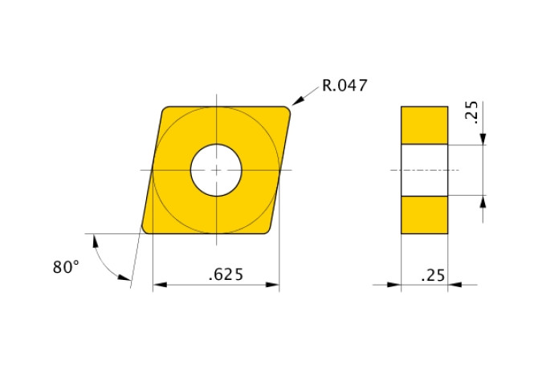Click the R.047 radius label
click(x=344, y=85)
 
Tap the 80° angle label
click(x=67, y=267)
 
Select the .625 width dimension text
click(x=226, y=274)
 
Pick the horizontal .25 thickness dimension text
click(x=431, y=275)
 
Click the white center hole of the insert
click(x=215, y=170)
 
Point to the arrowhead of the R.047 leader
click(x=295, y=102)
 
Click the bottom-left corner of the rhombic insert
click(x=146, y=229)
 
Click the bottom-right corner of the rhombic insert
click(x=268, y=230)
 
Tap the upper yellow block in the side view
click(x=424, y=125)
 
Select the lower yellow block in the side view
click(x=424, y=214)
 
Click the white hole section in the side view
click(x=424, y=170)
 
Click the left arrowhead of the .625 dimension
click(x=158, y=284)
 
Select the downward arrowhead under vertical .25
click(x=483, y=140)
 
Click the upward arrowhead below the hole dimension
click(x=483, y=201)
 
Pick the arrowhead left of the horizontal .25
click(x=395, y=284)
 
